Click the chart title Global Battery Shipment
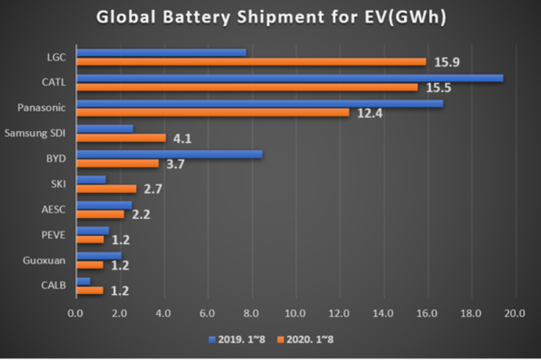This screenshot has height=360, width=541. [270, 19]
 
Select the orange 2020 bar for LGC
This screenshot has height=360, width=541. [251, 62]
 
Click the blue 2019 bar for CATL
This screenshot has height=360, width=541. [289, 78]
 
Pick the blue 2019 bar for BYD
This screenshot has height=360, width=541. [169, 154]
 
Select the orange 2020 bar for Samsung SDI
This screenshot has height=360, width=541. [121, 138]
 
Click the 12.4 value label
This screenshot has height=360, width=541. [369, 113]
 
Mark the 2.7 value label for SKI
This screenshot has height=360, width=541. [156, 189]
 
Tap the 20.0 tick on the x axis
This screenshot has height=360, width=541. [514, 314]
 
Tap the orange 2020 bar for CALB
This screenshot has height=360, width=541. [90, 290]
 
